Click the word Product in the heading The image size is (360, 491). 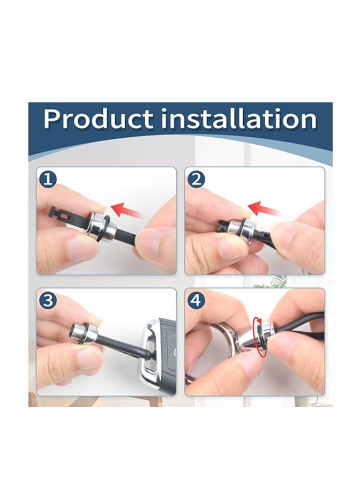[x=98, y=119]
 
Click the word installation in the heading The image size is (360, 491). [x=238, y=119]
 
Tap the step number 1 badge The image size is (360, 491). [x=48, y=180]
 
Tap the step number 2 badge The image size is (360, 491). [x=196, y=180]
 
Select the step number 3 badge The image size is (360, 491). [x=48, y=301]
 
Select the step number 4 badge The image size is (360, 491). [x=196, y=301]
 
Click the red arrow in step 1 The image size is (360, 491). [x=127, y=210]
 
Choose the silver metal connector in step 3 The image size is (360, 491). [x=85, y=332]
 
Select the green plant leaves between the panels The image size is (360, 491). [x=271, y=282]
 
